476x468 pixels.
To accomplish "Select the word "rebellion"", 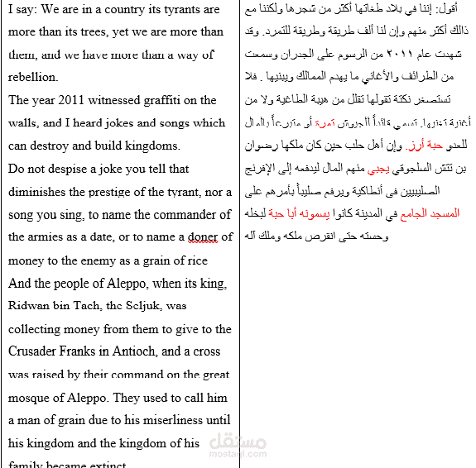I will click(x=33, y=78).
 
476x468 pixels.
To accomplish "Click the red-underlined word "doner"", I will click(x=202, y=237).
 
